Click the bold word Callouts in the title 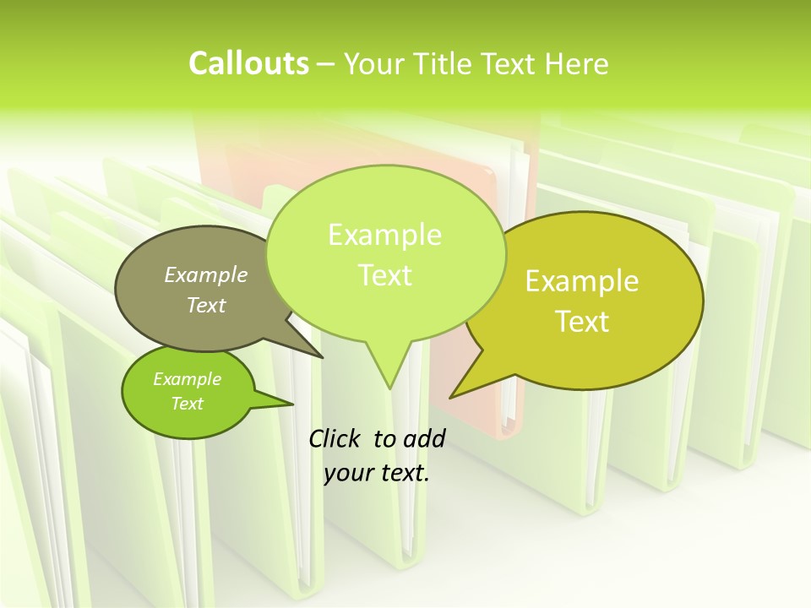(x=248, y=63)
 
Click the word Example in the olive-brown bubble (x=206, y=274)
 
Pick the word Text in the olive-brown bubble (x=206, y=305)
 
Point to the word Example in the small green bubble (x=187, y=379)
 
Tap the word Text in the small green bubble (x=187, y=404)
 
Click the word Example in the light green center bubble (x=384, y=235)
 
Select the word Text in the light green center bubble (x=384, y=275)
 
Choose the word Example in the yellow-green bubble (x=582, y=281)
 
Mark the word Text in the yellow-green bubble (x=582, y=322)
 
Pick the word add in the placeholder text (x=424, y=439)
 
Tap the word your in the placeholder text (x=348, y=473)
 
